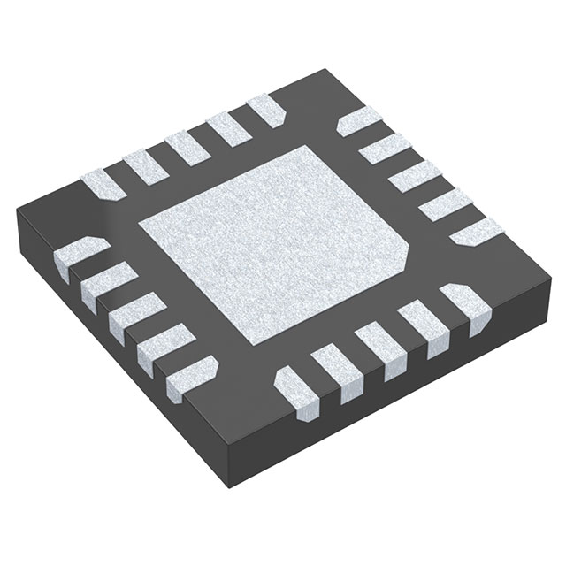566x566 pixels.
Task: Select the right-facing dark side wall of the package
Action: [398, 389]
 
